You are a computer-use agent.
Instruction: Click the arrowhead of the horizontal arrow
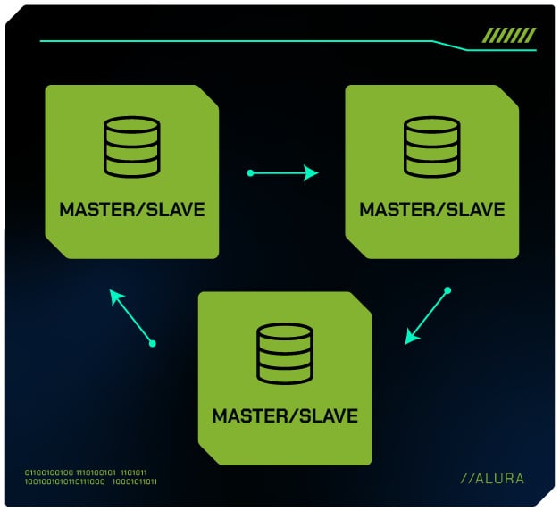pyautogui.click(x=313, y=172)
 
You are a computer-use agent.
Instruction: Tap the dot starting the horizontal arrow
pyautogui.click(x=250, y=172)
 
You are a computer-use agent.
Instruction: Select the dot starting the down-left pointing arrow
pyautogui.click(x=447, y=290)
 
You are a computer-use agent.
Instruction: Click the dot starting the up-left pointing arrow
pyautogui.click(x=152, y=343)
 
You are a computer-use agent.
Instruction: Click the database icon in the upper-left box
pyautogui.click(x=132, y=147)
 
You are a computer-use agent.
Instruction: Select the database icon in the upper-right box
pyautogui.click(x=432, y=147)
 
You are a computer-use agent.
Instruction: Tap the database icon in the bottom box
pyautogui.click(x=285, y=354)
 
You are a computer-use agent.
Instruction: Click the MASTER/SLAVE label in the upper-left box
pyautogui.click(x=132, y=211)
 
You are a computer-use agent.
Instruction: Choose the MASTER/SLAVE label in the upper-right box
pyautogui.click(x=432, y=211)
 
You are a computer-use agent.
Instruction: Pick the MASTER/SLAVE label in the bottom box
pyautogui.click(x=285, y=416)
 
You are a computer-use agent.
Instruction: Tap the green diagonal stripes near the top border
pyautogui.click(x=509, y=36)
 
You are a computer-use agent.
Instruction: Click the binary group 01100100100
pyautogui.click(x=49, y=473)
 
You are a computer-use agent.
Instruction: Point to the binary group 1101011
pyautogui.click(x=134, y=473)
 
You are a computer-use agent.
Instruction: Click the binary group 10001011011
pyautogui.click(x=136, y=482)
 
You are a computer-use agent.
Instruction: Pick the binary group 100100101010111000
pyautogui.click(x=64, y=482)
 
